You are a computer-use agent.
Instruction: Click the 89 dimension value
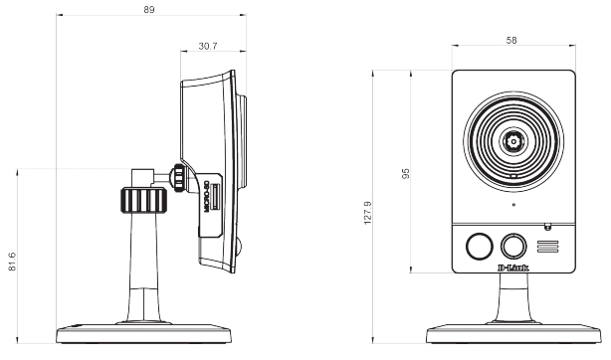(149, 10)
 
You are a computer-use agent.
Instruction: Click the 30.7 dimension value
(208, 46)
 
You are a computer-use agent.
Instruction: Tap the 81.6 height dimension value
(12, 262)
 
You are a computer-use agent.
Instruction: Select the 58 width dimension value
(511, 40)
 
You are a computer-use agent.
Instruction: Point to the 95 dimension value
(406, 173)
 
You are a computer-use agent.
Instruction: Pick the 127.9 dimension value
(367, 213)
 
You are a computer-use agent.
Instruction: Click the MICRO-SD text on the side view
(207, 196)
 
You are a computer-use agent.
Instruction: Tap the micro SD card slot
(215, 197)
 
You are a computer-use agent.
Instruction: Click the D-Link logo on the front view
(513, 268)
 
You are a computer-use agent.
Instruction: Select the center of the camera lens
(513, 140)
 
